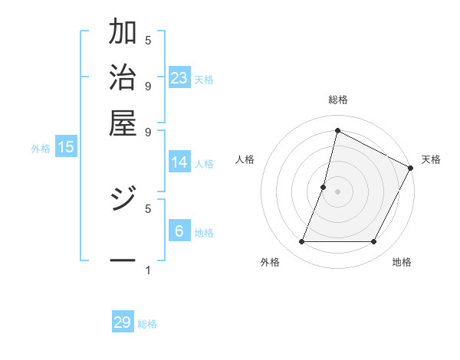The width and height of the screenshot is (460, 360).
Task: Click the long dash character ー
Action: (123, 261)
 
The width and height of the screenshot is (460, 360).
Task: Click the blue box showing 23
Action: (179, 78)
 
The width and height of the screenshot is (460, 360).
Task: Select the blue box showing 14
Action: (179, 162)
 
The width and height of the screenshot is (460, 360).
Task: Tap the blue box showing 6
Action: (179, 231)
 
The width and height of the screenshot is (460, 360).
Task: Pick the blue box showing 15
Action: (66, 147)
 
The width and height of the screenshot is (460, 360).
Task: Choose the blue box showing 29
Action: (123, 322)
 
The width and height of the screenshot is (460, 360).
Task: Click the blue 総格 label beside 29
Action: (147, 324)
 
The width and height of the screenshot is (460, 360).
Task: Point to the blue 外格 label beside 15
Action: (41, 149)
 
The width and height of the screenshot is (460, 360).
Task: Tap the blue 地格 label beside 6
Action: (204, 233)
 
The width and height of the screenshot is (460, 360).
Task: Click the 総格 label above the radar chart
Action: (337, 100)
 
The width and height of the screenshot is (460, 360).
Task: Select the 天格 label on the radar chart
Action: (432, 159)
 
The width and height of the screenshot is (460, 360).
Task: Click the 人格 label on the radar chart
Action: (245, 159)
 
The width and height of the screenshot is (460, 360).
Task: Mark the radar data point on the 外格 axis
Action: (302, 242)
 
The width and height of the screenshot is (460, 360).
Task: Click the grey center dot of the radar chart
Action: (337, 191)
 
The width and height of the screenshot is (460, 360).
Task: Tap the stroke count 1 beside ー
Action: (148, 270)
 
